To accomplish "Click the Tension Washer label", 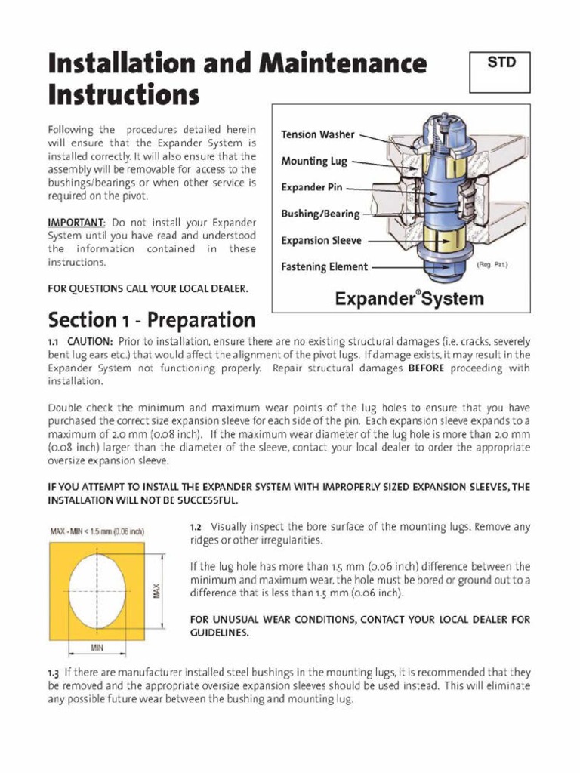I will [317, 134].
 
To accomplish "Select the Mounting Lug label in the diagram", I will [314, 161].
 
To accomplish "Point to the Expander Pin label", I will [313, 186].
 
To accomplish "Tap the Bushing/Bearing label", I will [320, 214].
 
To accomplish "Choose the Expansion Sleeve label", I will [321, 241].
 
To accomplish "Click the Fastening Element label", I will [324, 266].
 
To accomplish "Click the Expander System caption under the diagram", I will [409, 299].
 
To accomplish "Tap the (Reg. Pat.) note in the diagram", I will [492, 265].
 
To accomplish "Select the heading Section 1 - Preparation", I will [152, 319].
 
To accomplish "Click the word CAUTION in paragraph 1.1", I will [91, 342].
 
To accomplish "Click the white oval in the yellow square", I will [97, 591].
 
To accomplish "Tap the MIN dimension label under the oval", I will [97, 648].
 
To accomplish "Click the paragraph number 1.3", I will [54, 673].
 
